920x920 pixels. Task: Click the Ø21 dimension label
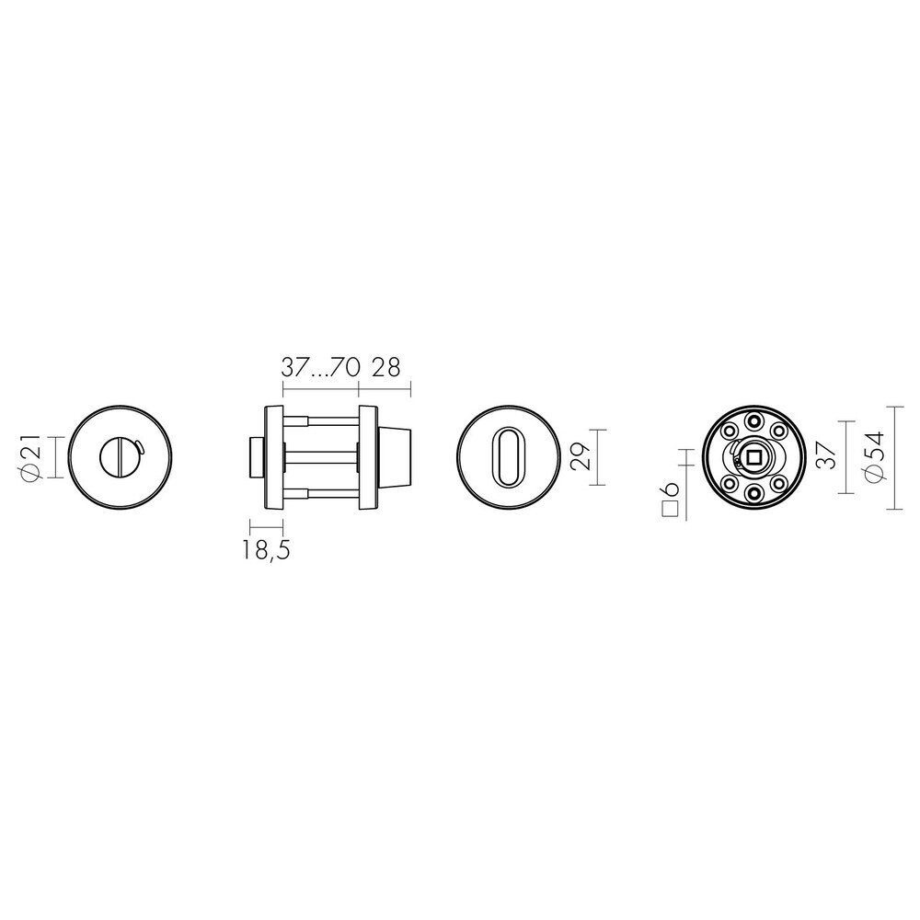click(x=31, y=457)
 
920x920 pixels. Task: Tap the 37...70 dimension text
click(x=320, y=368)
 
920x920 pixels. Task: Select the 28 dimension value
click(x=386, y=368)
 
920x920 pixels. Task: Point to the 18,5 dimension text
click(x=267, y=550)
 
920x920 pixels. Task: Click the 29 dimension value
click(x=581, y=457)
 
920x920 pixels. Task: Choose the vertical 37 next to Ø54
click(x=826, y=456)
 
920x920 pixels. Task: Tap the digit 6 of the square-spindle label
click(x=671, y=489)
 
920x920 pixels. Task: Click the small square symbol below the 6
click(x=671, y=508)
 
